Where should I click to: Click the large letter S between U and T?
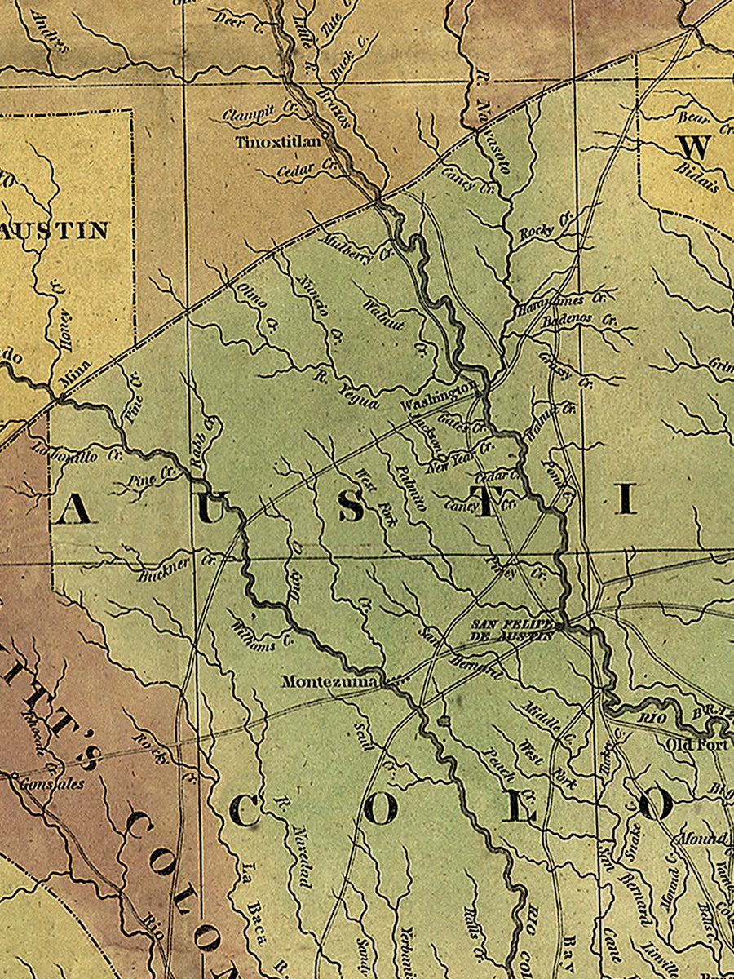[352, 507]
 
